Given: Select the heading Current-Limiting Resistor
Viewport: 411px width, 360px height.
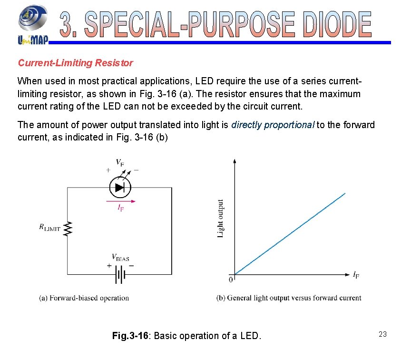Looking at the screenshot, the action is tap(75, 63).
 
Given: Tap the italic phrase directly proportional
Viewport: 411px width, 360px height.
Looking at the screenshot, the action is tap(273, 125).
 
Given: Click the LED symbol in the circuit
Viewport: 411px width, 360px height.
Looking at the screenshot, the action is tap(120, 187).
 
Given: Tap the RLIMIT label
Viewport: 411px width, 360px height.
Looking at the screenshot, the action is tap(49, 228).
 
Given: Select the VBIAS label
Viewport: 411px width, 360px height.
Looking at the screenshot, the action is tap(120, 258).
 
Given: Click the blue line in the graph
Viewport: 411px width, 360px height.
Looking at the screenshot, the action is tap(290, 233).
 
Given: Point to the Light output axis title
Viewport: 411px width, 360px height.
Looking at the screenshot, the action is tap(221, 219).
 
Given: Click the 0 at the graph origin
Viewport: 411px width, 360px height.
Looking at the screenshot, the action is tap(231, 280).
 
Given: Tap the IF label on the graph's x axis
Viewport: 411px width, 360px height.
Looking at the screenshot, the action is tap(356, 275).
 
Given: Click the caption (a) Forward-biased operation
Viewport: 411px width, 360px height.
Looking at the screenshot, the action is tap(84, 298).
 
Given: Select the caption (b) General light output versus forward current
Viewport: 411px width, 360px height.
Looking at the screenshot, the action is tap(289, 298).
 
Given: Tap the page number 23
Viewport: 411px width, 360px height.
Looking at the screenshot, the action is tap(382, 334).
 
